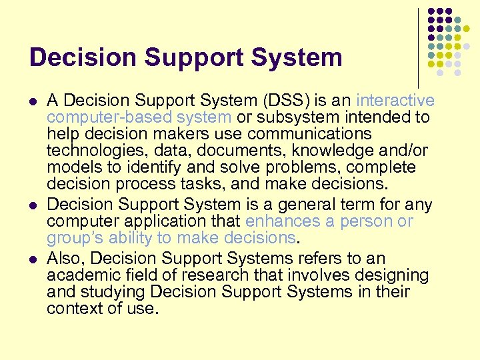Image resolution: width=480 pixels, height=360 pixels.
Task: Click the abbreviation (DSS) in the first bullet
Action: pyautogui.click(x=291, y=101)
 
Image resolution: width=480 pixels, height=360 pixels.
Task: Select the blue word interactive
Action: pyautogui.click(x=395, y=101)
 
